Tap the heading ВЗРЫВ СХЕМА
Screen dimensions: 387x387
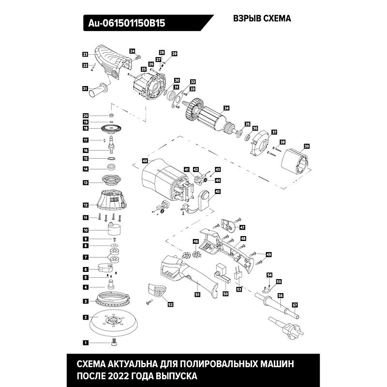262,19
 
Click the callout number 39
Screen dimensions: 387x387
306,146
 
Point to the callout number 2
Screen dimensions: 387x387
85,317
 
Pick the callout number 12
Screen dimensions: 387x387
85,205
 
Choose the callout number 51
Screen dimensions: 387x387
197,294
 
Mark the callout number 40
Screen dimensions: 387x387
145,160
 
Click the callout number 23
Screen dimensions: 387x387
85,54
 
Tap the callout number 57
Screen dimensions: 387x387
295,304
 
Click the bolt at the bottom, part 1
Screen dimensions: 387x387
114,342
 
